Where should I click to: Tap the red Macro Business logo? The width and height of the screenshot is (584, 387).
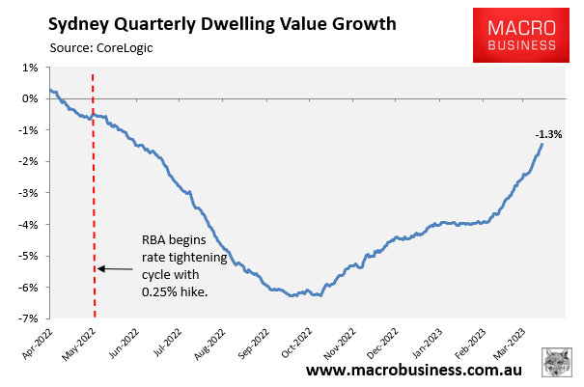point(514,39)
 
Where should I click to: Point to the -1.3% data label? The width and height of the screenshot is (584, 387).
point(549,134)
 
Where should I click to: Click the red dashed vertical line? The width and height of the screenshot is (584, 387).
point(94,193)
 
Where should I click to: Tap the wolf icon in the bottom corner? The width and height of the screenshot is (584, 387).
point(557,363)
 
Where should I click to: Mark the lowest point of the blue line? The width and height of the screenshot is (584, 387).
point(292,295)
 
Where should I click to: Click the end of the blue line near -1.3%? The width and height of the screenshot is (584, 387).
point(542,145)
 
